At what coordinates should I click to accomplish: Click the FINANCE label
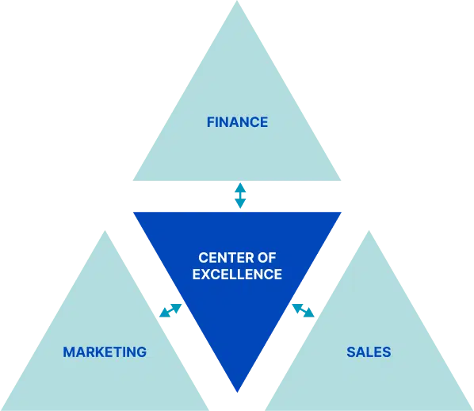pyautogui.click(x=237, y=122)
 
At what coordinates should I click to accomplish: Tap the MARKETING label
pyautogui.click(x=105, y=352)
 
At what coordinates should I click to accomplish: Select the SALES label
pyautogui.click(x=369, y=352)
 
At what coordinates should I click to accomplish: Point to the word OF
pyautogui.click(x=267, y=258)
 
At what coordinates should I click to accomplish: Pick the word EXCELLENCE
pyautogui.click(x=237, y=275)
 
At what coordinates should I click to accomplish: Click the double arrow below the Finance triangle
pyautogui.click(x=240, y=195)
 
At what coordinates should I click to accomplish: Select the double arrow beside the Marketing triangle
pyautogui.click(x=170, y=310)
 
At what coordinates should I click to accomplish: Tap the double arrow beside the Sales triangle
pyautogui.click(x=304, y=310)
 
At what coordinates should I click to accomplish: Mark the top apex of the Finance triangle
pyautogui.click(x=237, y=1)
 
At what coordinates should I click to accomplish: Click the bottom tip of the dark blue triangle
pyautogui.click(x=237, y=392)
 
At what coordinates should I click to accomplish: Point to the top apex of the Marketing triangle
pyautogui.click(x=105, y=231)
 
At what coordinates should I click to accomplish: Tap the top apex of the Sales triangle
pyautogui.click(x=369, y=231)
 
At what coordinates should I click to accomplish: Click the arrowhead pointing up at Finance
pyautogui.click(x=240, y=186)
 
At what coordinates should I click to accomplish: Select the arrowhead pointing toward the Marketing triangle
pyautogui.click(x=163, y=314)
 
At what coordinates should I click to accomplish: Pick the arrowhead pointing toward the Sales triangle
pyautogui.click(x=310, y=314)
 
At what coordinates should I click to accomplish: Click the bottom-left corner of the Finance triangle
pyautogui.click(x=134, y=180)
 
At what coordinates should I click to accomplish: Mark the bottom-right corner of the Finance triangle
pyautogui.click(x=340, y=180)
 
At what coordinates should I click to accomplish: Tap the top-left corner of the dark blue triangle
pyautogui.click(x=134, y=213)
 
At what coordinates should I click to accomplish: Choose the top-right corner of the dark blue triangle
pyautogui.click(x=341, y=213)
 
